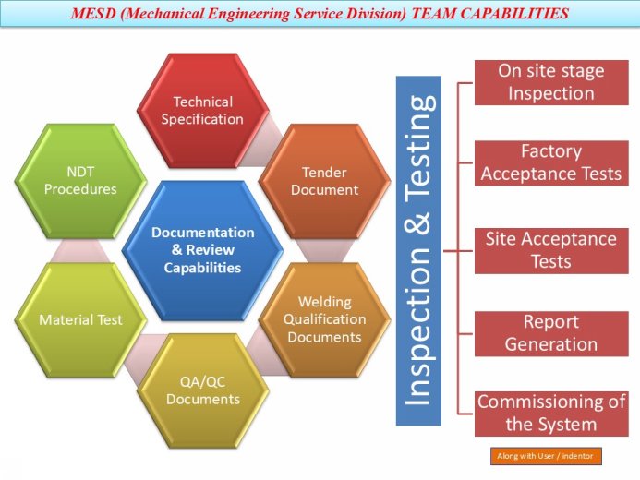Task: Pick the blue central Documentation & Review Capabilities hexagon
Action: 202,250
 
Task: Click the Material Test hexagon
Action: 80,319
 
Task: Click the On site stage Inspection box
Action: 550,82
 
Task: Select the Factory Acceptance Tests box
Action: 550,162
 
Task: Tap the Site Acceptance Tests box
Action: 550,249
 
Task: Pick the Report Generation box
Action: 550,333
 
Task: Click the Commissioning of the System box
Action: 550,414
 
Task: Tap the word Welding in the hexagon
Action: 324,302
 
